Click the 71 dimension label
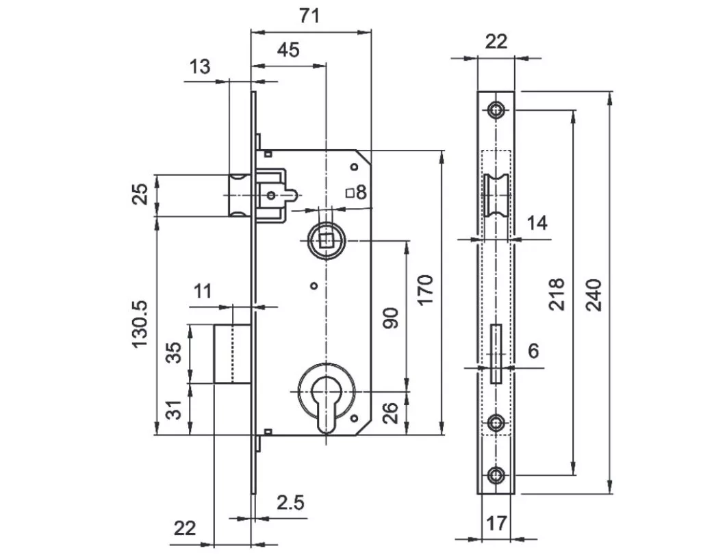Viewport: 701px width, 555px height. click(x=309, y=15)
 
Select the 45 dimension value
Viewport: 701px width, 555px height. click(x=288, y=50)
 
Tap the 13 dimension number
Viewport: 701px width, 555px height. click(x=199, y=66)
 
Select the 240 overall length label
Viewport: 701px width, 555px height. click(x=594, y=295)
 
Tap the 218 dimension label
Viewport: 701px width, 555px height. click(x=557, y=294)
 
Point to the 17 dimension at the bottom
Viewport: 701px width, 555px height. click(x=496, y=524)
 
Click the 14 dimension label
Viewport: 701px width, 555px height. click(x=538, y=222)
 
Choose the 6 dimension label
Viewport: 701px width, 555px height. click(x=533, y=351)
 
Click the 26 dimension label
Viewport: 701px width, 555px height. click(x=390, y=413)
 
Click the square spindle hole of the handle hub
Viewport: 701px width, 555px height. click(x=325, y=241)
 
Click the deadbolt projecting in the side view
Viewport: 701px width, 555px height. click(x=231, y=353)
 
